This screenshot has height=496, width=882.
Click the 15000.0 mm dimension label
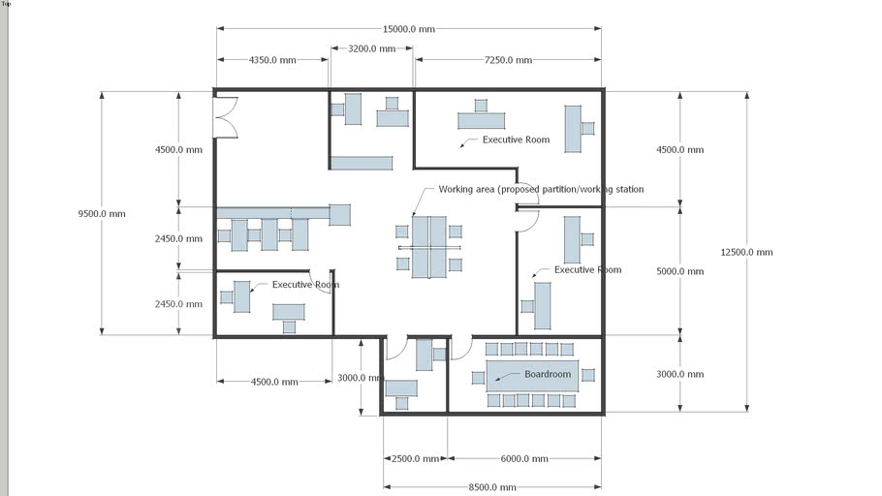point(408,29)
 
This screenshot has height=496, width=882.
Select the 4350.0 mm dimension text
point(272,60)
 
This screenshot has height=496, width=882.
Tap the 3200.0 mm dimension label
point(372,48)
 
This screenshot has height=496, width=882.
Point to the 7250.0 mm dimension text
point(508,60)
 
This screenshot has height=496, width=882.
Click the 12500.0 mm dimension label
point(746,252)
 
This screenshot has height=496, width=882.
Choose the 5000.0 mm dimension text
point(679,271)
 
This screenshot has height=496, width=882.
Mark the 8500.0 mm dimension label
point(492,487)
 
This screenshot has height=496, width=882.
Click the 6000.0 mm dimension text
point(523,459)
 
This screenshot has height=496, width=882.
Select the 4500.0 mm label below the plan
point(274,382)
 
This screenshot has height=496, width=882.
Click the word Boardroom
point(548,374)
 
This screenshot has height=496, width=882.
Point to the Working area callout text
point(541,189)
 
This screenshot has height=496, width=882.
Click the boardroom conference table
point(532,375)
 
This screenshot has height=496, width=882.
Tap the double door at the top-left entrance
point(226,116)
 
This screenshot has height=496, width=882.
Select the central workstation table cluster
point(428,247)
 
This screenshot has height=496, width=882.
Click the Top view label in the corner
point(6,4)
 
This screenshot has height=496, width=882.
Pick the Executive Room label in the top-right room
point(516,139)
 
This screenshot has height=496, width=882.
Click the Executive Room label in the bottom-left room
point(305,285)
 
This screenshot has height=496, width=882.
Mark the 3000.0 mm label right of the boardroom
point(679,374)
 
